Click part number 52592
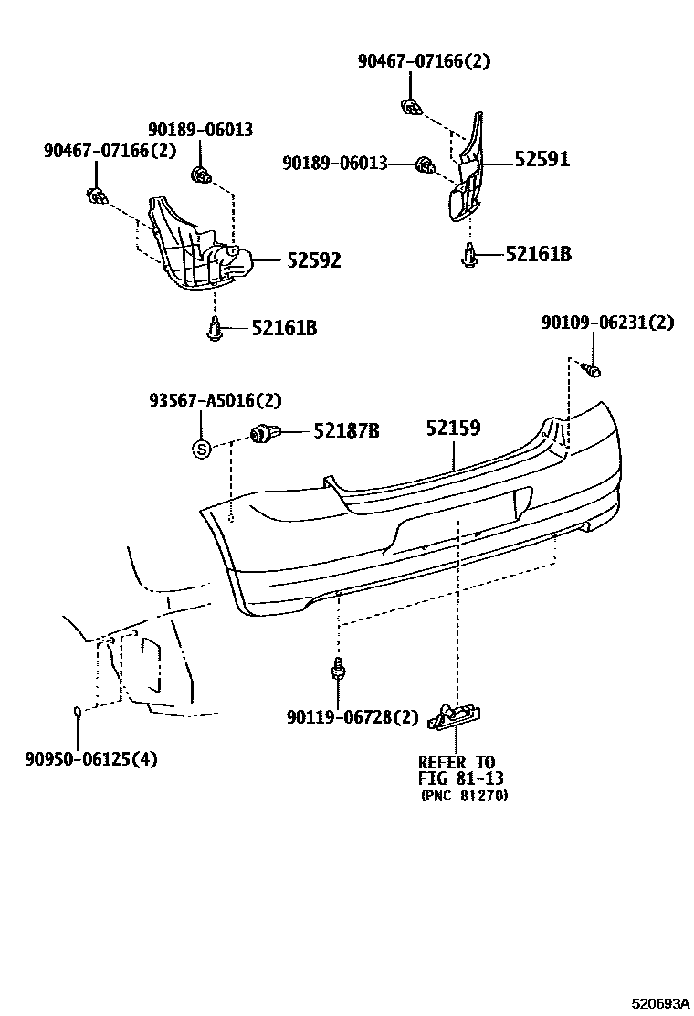coord(314,260)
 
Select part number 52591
coord(542,159)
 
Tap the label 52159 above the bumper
coord(453,429)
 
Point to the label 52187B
coord(346,431)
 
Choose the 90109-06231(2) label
coord(608,322)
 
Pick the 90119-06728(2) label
coord(352,716)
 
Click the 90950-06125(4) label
coord(91,758)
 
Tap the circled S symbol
coord(201,449)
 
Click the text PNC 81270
coord(464,796)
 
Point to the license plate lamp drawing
coord(455,716)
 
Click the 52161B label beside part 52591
coord(538,254)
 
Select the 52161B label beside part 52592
coord(284,328)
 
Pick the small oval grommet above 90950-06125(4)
coord(78,712)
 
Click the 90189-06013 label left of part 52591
coord(335,163)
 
